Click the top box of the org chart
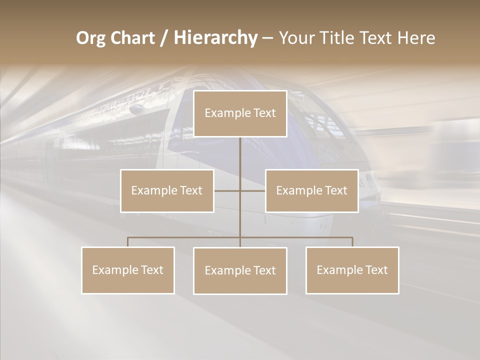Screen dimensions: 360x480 click(240, 113)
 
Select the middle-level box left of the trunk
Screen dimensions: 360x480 click(167, 190)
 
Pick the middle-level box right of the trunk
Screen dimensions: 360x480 click(311, 190)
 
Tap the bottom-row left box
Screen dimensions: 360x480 click(128, 270)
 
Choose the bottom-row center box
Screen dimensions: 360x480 click(240, 270)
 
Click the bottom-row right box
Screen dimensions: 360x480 click(352, 270)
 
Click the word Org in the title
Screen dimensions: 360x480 click(91, 38)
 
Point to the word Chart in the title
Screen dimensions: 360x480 click(132, 38)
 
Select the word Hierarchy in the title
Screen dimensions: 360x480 click(215, 38)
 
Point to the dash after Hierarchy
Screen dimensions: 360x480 click(268, 38)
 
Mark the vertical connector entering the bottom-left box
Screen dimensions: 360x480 click(128, 242)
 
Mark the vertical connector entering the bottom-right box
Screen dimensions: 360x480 click(352, 242)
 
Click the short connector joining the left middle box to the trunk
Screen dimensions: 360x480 click(227, 190)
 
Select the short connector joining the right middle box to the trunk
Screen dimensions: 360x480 click(253, 190)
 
